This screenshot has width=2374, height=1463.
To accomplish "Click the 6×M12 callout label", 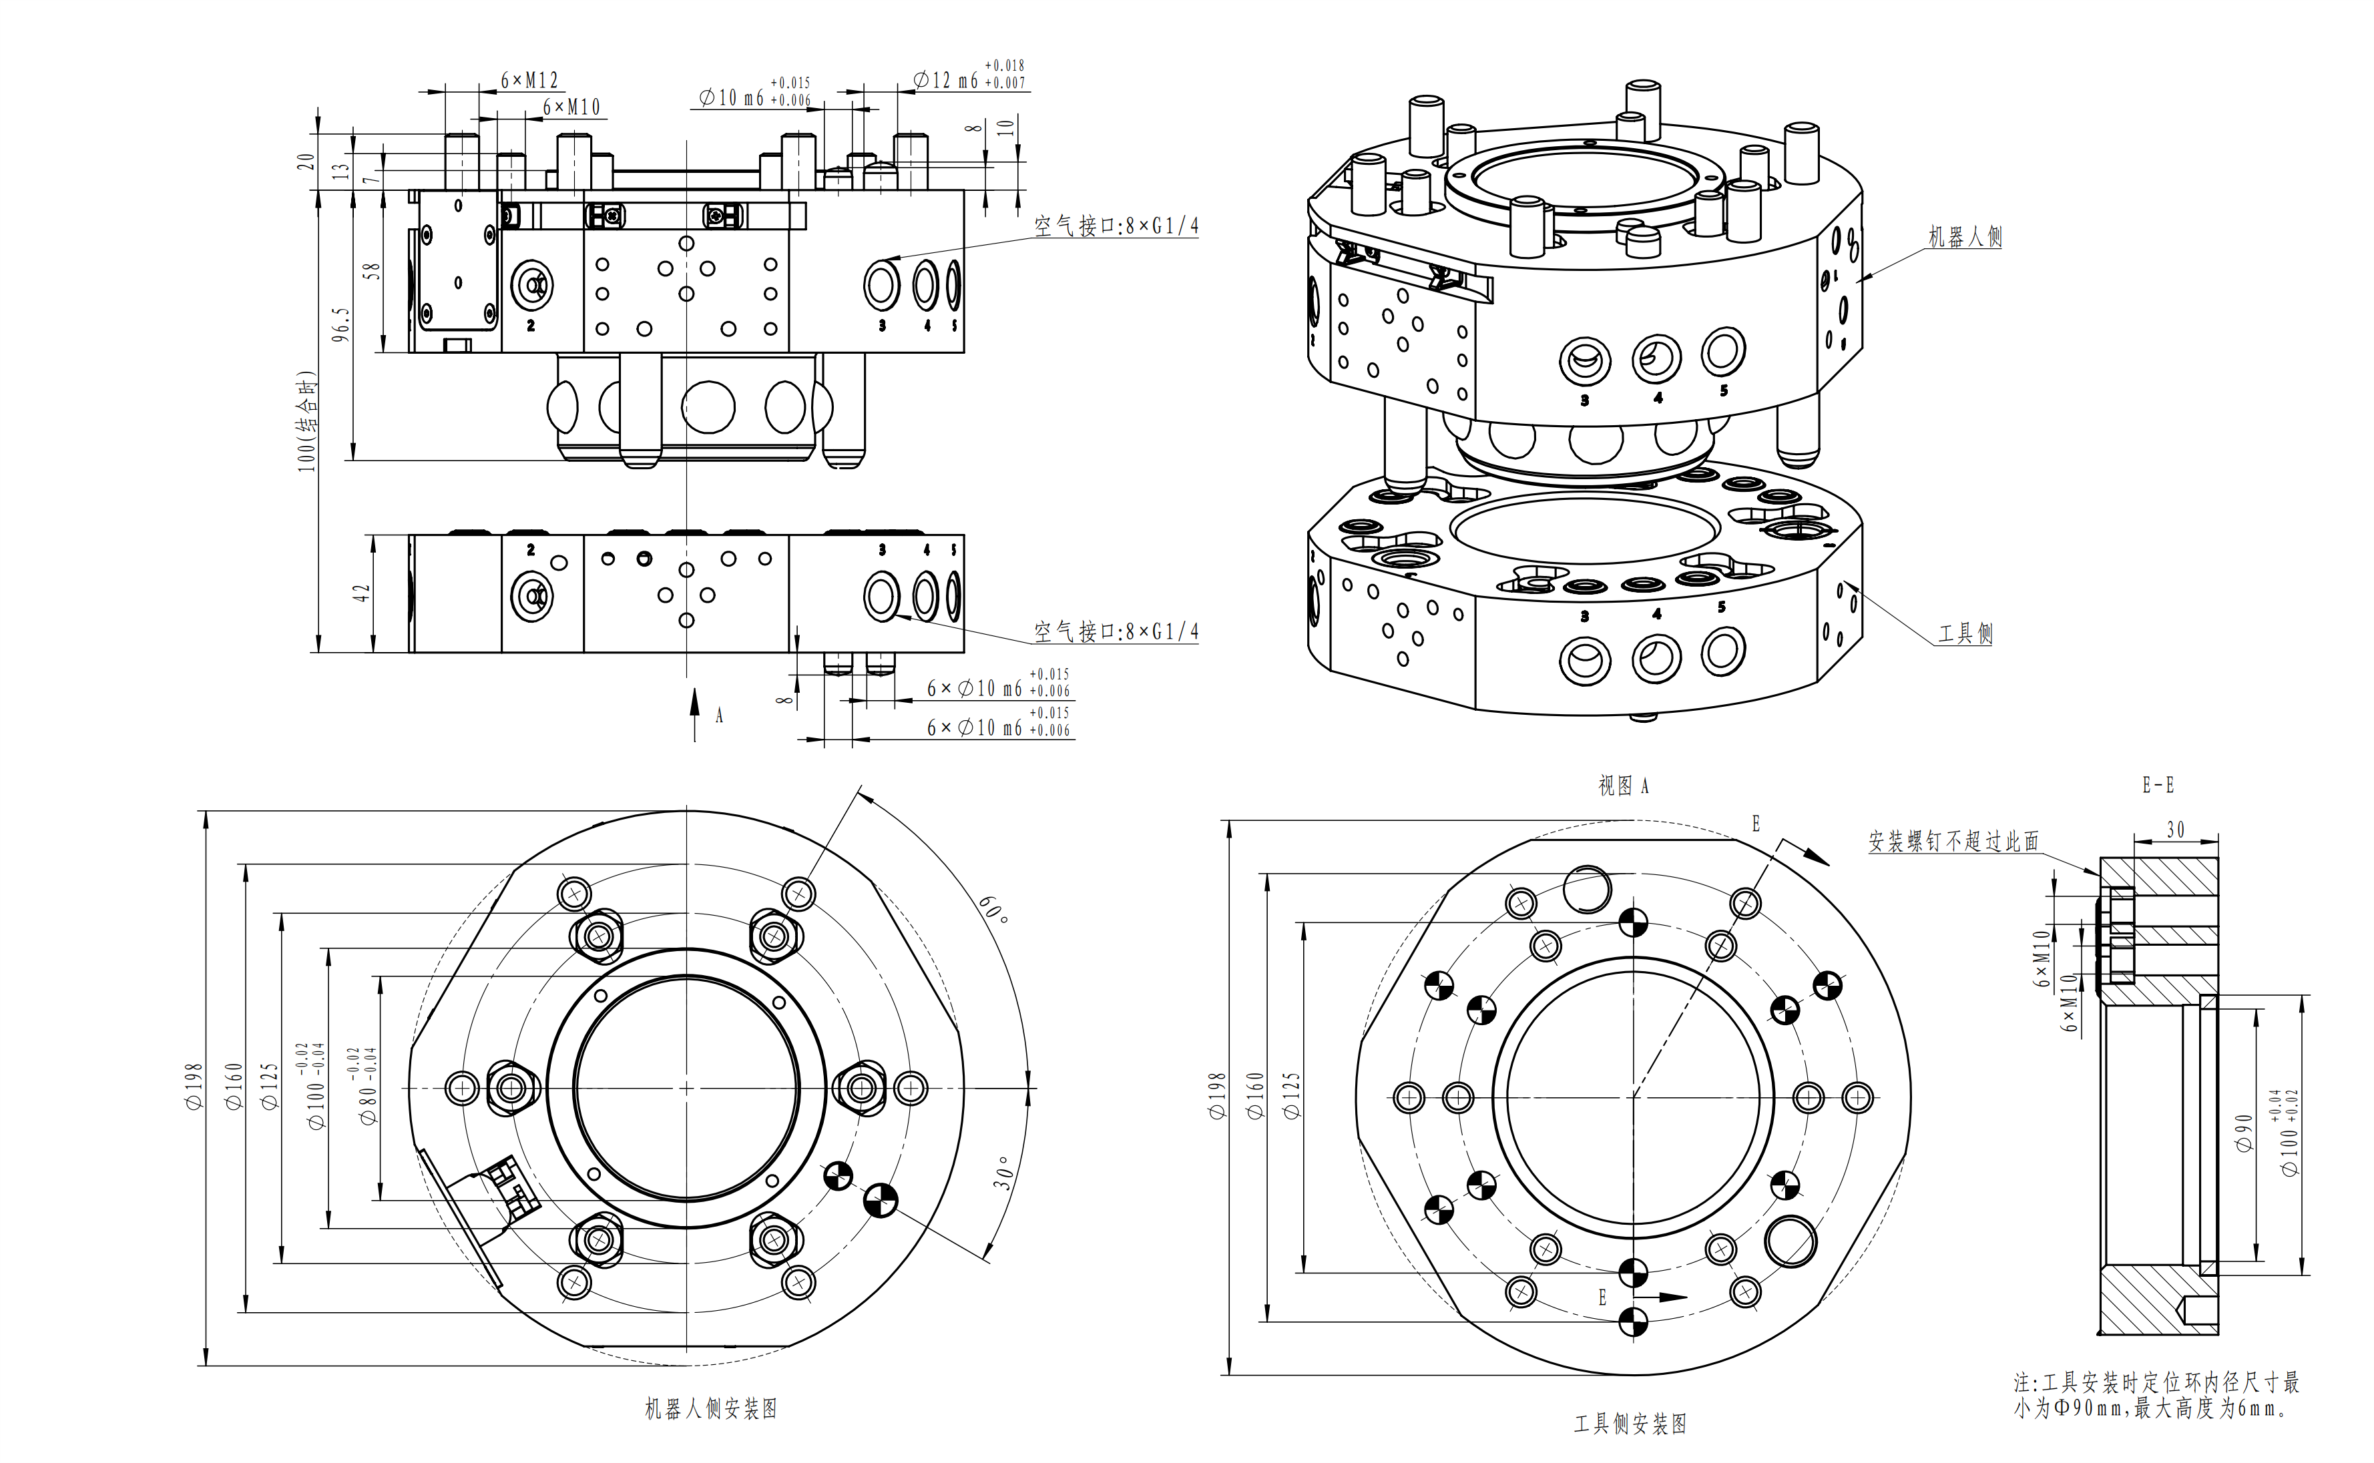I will click(529, 80).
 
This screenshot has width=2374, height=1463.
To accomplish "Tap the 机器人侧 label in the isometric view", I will click(1965, 237).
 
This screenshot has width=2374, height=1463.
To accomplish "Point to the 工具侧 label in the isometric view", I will click(1965, 634).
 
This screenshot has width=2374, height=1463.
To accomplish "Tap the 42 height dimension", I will click(361, 592).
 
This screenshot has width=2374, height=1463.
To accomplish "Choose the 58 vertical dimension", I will click(372, 272).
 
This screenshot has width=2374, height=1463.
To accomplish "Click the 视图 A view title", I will click(1623, 786).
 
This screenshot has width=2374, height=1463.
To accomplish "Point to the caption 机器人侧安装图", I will click(711, 1409).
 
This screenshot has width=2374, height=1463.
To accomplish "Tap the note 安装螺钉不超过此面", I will click(1953, 842).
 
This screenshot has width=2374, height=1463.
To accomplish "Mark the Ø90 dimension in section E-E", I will click(2243, 1132).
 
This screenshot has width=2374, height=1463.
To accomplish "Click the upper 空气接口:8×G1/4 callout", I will click(1116, 226).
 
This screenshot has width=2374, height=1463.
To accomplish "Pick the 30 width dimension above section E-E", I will click(2176, 830).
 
